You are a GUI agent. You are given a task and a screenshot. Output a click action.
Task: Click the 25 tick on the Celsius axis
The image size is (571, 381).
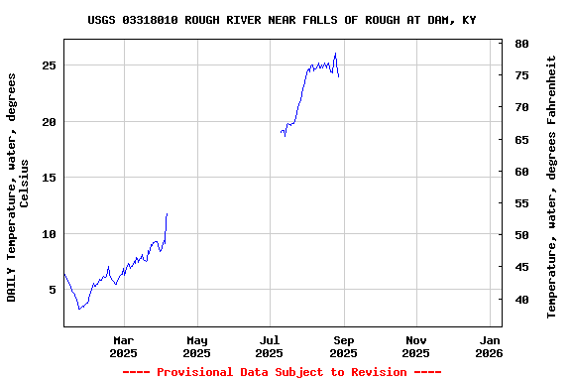(50, 65)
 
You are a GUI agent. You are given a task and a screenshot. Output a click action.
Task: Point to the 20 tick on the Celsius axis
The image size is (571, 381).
(50, 122)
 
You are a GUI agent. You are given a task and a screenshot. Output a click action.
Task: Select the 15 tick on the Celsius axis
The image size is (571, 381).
(50, 178)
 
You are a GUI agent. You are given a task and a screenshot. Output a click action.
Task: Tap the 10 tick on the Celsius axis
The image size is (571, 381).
(50, 234)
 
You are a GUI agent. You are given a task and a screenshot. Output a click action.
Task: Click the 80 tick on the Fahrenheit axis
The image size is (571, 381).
(519, 44)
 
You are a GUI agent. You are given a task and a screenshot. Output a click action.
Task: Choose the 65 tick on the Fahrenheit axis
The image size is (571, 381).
(519, 140)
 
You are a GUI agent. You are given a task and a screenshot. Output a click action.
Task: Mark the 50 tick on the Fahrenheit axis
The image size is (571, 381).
(519, 235)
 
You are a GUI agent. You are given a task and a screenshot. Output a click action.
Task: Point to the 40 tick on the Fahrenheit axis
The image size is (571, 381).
(519, 300)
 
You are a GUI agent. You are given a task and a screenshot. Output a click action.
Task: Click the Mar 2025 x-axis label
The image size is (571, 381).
(123, 346)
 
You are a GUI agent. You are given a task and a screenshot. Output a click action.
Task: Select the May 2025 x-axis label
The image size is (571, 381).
(196, 346)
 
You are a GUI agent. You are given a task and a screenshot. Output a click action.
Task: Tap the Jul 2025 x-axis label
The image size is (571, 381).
(270, 346)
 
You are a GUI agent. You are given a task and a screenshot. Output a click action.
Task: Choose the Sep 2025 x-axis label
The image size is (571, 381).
(343, 346)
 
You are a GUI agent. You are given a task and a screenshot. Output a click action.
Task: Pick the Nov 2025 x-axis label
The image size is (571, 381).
(416, 346)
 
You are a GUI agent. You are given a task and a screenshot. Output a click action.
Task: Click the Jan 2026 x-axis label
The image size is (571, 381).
(489, 346)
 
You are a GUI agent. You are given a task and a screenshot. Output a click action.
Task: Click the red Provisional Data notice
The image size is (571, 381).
(282, 372)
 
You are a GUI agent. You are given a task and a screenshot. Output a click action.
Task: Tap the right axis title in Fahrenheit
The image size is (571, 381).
(552, 187)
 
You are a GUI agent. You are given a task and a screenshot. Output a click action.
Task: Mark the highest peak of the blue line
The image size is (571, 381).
(335, 54)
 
